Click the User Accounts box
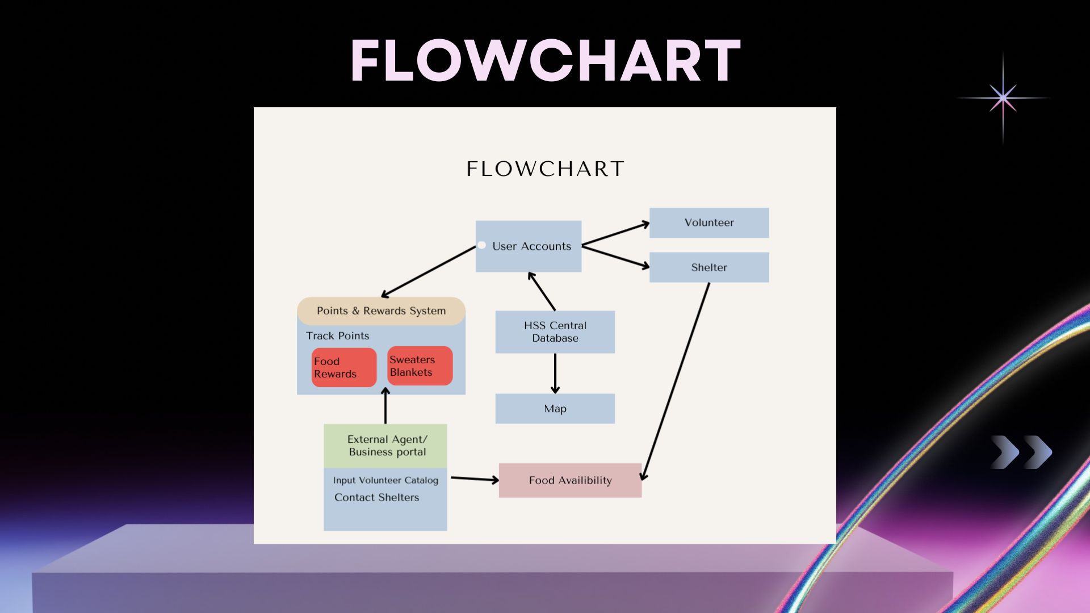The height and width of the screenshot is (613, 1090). pyautogui.click(x=529, y=246)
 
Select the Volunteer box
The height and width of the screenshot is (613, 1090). pyautogui.click(x=709, y=222)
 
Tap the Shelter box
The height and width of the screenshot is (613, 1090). pyautogui.click(x=709, y=267)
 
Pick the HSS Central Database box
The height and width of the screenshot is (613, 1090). pyautogui.click(x=555, y=332)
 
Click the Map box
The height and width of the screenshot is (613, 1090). pyautogui.click(x=555, y=409)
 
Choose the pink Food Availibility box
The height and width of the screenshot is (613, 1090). pyautogui.click(x=570, y=480)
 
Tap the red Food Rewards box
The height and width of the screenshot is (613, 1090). pyautogui.click(x=344, y=368)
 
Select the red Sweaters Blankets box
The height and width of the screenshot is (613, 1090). pyautogui.click(x=420, y=366)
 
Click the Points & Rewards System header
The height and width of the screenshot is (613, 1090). pyautogui.click(x=381, y=311)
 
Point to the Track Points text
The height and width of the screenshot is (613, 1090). pyautogui.click(x=338, y=336)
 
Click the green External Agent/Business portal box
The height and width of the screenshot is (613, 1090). pyautogui.click(x=385, y=446)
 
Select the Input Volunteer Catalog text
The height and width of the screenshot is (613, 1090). pyautogui.click(x=385, y=480)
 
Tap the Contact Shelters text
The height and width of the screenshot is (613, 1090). pyautogui.click(x=377, y=497)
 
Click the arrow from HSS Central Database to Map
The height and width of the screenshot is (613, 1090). pyautogui.click(x=555, y=373)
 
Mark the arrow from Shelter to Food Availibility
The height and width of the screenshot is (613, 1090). pyautogui.click(x=676, y=381)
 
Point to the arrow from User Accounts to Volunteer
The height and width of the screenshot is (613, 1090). pyautogui.click(x=616, y=234)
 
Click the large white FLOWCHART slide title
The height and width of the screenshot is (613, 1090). pyautogui.click(x=546, y=61)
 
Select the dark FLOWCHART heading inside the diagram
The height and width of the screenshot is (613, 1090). pyautogui.click(x=546, y=169)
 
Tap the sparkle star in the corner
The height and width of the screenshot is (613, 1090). pyautogui.click(x=1003, y=98)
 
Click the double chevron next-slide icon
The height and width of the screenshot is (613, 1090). pyautogui.click(x=1022, y=452)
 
